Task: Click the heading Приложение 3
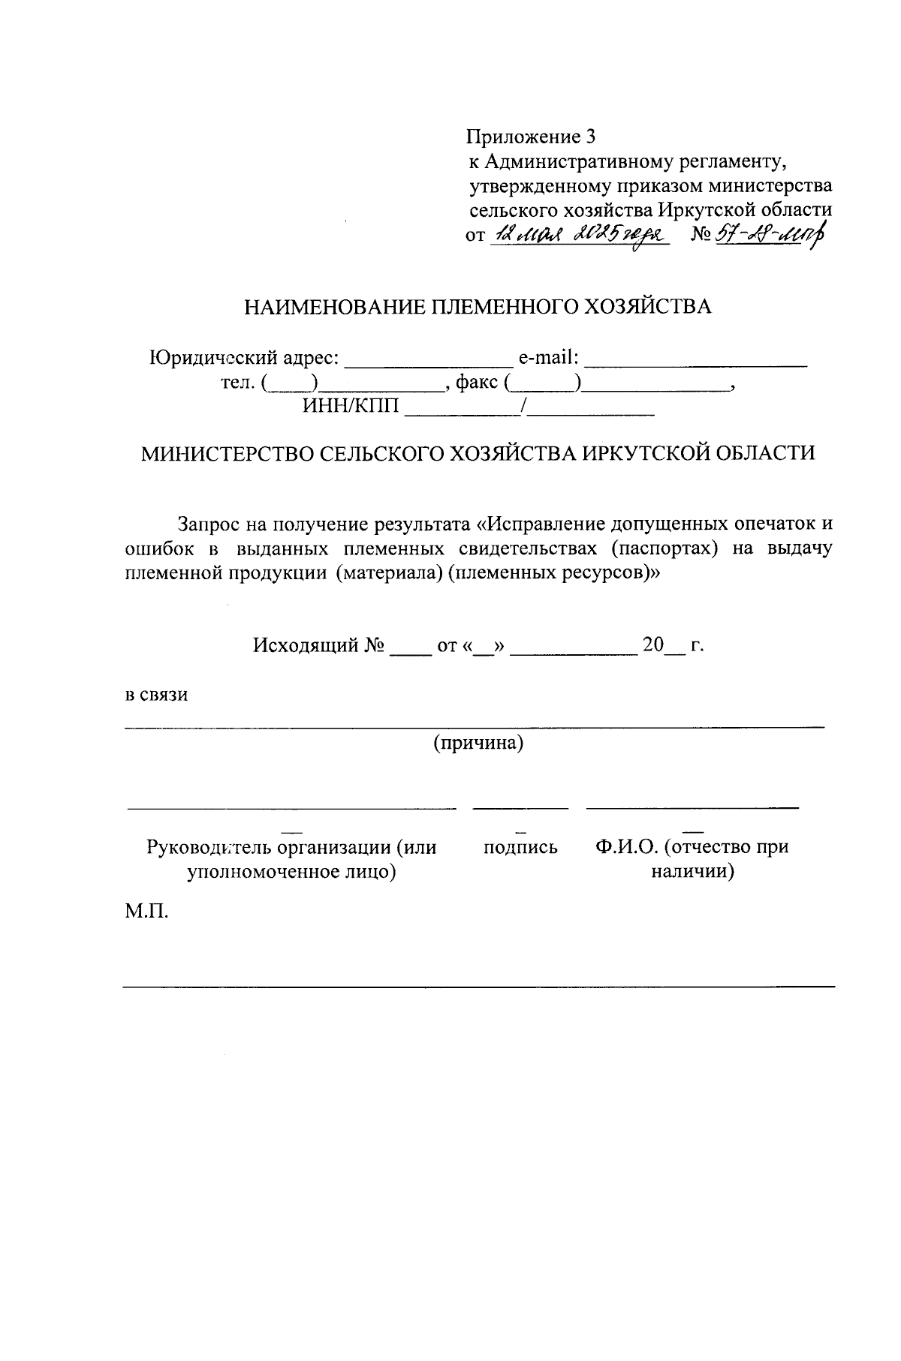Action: click(x=532, y=137)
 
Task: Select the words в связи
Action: click(x=156, y=694)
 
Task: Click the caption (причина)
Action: click(x=478, y=743)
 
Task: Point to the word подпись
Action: click(x=520, y=847)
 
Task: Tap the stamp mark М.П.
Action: click(x=147, y=913)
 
